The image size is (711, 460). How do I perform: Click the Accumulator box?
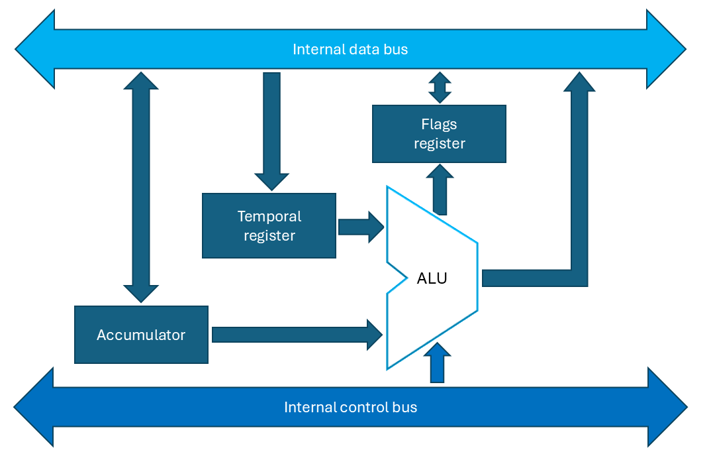(141, 335)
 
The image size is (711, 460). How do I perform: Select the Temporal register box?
(269, 225)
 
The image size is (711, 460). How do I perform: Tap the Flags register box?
(439, 134)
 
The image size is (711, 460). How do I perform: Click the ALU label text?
(432, 278)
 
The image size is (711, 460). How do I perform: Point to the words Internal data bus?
(350, 49)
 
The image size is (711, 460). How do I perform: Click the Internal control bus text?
(350, 407)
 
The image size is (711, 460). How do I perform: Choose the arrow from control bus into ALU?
(437, 363)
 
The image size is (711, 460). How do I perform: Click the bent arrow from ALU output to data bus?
(579, 199)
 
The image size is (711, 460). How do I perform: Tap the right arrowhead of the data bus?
(665, 49)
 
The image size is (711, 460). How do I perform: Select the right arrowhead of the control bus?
(667, 407)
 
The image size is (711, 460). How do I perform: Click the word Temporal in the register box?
(269, 217)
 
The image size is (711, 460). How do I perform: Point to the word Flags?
(439, 125)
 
